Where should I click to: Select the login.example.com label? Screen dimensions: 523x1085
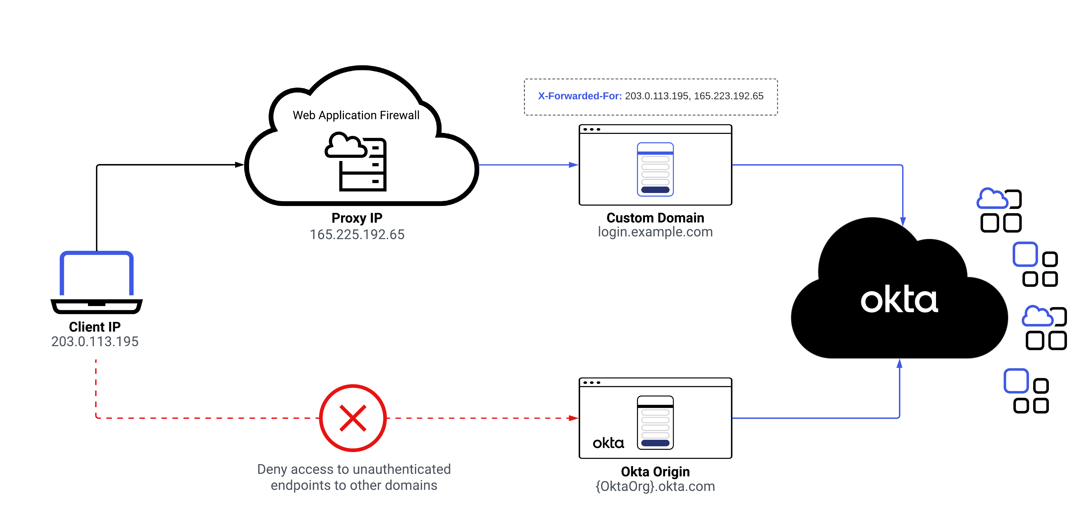(x=655, y=232)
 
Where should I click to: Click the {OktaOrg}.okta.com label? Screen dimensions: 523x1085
(x=655, y=486)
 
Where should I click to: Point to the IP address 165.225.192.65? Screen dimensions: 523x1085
(x=357, y=234)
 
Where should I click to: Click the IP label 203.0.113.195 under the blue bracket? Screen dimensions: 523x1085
(x=95, y=341)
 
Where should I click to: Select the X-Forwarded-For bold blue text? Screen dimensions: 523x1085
(x=580, y=96)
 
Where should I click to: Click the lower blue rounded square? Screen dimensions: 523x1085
(x=1016, y=381)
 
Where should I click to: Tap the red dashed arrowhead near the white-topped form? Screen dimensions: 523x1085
(x=574, y=418)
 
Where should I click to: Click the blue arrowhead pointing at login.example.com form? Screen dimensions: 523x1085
(x=574, y=165)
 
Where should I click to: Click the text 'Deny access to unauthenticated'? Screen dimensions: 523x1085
(x=354, y=469)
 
